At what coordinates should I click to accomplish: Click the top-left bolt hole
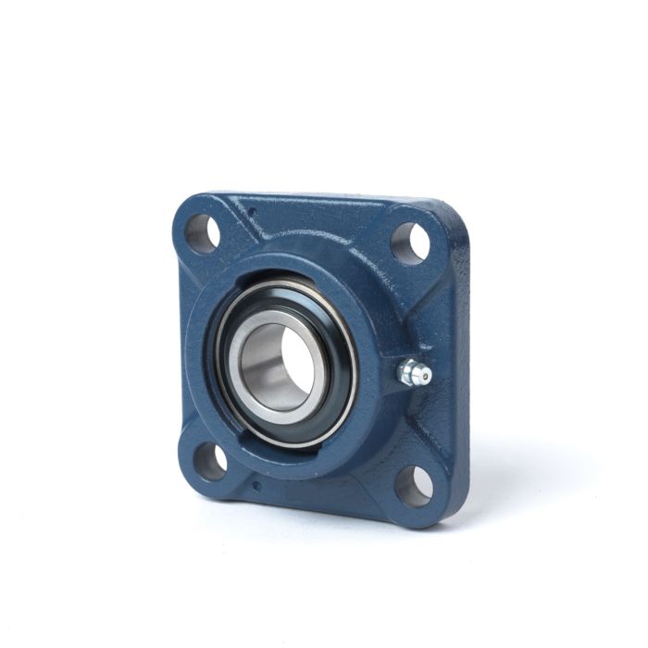204,231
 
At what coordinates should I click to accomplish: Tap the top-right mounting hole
410,243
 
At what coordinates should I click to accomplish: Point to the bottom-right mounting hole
413,483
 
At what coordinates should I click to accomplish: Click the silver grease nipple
413,373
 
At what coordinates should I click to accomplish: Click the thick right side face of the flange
455,370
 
